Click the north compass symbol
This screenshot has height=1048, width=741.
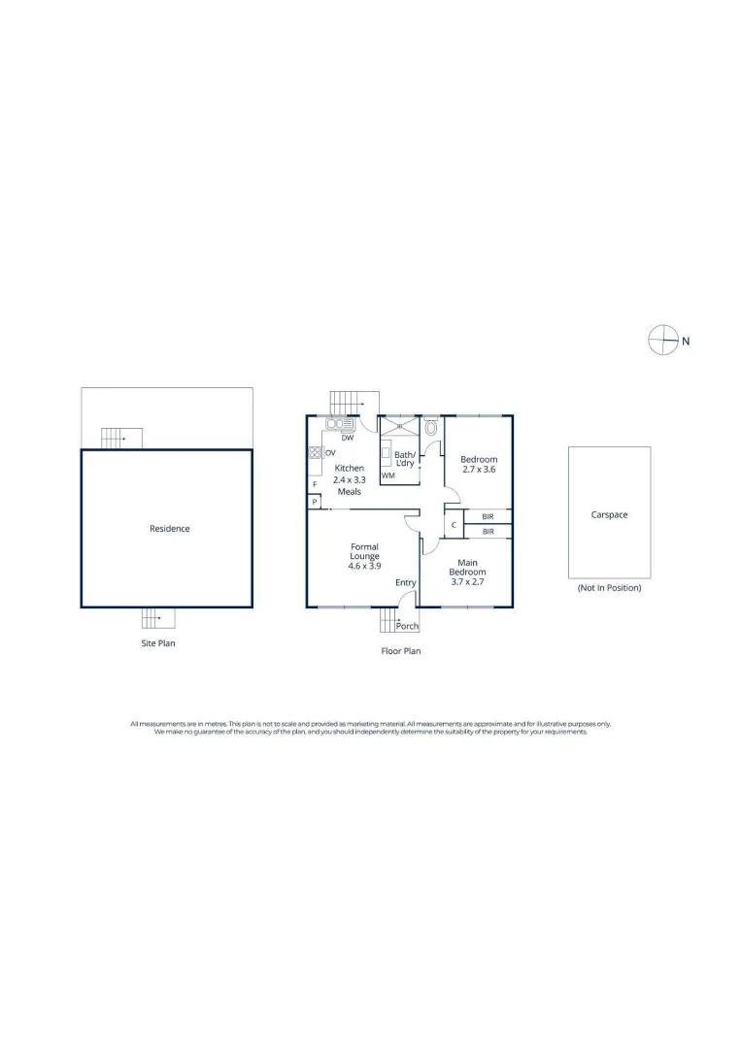(663, 340)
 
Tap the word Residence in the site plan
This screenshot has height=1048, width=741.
(169, 529)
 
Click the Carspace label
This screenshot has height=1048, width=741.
(609, 514)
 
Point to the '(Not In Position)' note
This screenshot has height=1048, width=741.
(609, 588)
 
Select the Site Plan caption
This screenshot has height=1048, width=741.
(158, 643)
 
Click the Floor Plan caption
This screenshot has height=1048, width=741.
(400, 651)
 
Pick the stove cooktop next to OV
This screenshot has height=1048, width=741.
(315, 452)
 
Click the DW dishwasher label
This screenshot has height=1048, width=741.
(348, 438)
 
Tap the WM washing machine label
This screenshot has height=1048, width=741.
(388, 475)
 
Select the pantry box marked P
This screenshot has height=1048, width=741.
(315, 502)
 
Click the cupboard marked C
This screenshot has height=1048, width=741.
(454, 525)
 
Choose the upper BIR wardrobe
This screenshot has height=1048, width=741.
(488, 516)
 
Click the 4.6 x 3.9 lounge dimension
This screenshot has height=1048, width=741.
(364, 566)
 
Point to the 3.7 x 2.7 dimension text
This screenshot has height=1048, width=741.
(467, 582)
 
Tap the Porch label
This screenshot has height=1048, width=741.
(407, 626)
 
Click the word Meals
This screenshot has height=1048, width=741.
(349, 491)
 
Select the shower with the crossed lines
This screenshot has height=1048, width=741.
(399, 426)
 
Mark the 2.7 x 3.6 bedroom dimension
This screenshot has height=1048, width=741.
(479, 470)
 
